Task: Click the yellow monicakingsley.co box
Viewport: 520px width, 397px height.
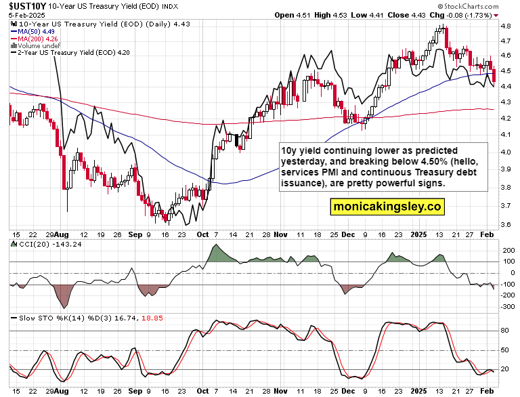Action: (x=386, y=205)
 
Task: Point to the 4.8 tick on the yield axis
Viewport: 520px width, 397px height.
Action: (x=505, y=26)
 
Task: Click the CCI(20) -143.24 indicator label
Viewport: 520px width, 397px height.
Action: (x=41, y=245)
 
